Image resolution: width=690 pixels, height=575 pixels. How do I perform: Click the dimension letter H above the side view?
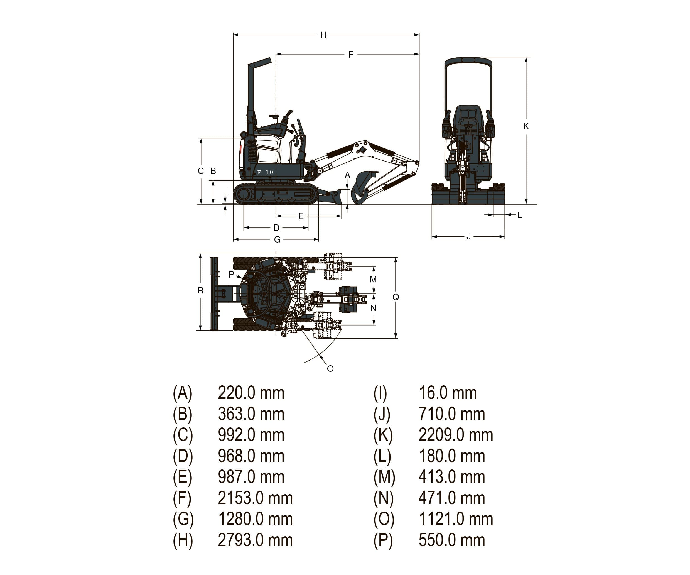pyautogui.click(x=324, y=35)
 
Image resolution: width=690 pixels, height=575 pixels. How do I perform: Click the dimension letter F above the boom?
pyautogui.click(x=351, y=54)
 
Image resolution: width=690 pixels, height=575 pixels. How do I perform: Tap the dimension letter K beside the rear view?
pyautogui.click(x=526, y=126)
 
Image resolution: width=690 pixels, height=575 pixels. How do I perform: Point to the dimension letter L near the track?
pyautogui.click(x=519, y=215)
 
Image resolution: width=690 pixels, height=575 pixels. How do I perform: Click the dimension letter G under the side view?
pyautogui.click(x=277, y=239)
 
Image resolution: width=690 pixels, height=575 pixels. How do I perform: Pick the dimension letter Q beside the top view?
pyautogui.click(x=396, y=297)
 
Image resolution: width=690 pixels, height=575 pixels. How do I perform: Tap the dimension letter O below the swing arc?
pyautogui.click(x=330, y=369)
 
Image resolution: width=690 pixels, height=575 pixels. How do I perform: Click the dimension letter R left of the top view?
pyautogui.click(x=200, y=290)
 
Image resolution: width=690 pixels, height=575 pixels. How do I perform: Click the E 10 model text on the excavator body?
pyautogui.click(x=265, y=172)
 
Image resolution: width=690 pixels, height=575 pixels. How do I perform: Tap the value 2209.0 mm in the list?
pyautogui.click(x=455, y=435)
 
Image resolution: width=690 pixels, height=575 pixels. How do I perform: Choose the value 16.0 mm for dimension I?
pyautogui.click(x=448, y=393)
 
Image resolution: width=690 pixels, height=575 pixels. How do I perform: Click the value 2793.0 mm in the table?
pyautogui.click(x=255, y=540)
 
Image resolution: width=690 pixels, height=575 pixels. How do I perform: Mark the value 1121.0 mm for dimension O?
pyautogui.click(x=455, y=519)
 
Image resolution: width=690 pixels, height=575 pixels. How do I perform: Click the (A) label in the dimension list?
pyautogui.click(x=182, y=393)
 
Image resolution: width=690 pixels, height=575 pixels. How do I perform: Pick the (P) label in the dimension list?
pyautogui.click(x=383, y=540)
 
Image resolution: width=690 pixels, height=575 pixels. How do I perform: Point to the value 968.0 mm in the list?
pyautogui.click(x=251, y=456)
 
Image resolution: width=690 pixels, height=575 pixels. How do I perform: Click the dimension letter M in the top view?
pyautogui.click(x=373, y=279)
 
